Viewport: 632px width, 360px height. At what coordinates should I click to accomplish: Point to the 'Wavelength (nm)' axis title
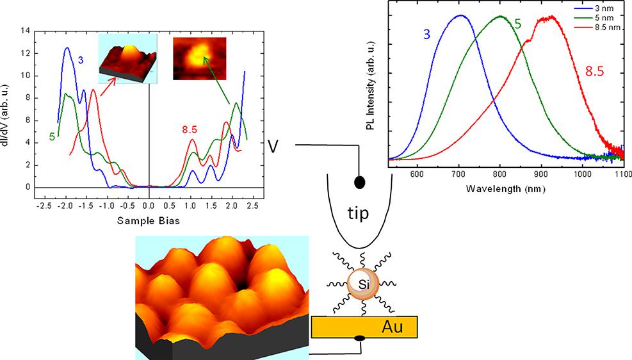click(501, 189)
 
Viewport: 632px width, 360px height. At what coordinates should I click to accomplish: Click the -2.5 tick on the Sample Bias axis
click(44, 206)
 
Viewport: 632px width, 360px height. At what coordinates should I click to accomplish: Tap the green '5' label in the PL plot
click(517, 24)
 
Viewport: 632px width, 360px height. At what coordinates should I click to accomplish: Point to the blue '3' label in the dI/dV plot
click(81, 60)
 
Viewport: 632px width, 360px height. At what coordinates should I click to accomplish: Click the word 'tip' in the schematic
click(358, 213)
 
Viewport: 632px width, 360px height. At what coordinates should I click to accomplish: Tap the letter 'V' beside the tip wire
click(273, 147)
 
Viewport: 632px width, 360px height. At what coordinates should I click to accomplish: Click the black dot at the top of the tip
click(359, 183)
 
